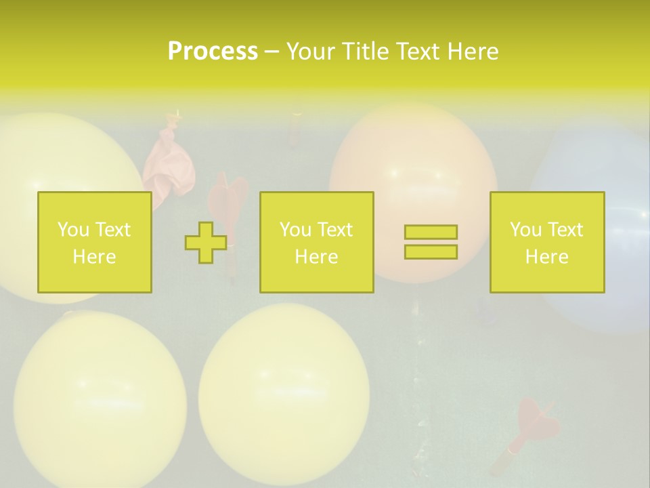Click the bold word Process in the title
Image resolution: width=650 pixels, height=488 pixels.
213,52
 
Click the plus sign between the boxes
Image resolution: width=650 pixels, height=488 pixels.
206,243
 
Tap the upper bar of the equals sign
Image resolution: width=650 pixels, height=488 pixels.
431,232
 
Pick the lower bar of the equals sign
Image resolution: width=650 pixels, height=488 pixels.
431,252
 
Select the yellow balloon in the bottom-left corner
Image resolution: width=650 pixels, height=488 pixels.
100,400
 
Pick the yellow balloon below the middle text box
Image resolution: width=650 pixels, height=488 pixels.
284,393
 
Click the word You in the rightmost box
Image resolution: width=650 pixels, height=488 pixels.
525,230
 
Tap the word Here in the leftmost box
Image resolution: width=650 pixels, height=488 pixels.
94,257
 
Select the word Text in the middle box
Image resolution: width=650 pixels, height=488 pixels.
335,230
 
